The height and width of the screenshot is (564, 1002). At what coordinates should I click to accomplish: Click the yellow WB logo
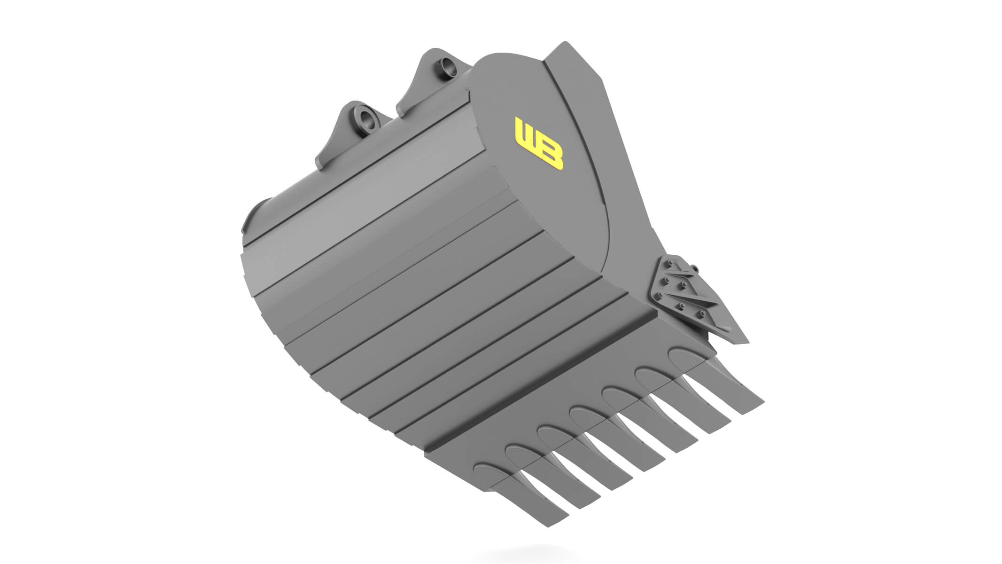tap(539, 144)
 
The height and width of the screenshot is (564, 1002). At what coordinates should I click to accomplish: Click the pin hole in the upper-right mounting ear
tap(444, 68)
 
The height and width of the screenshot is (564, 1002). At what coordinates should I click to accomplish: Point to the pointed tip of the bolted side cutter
tap(746, 341)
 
